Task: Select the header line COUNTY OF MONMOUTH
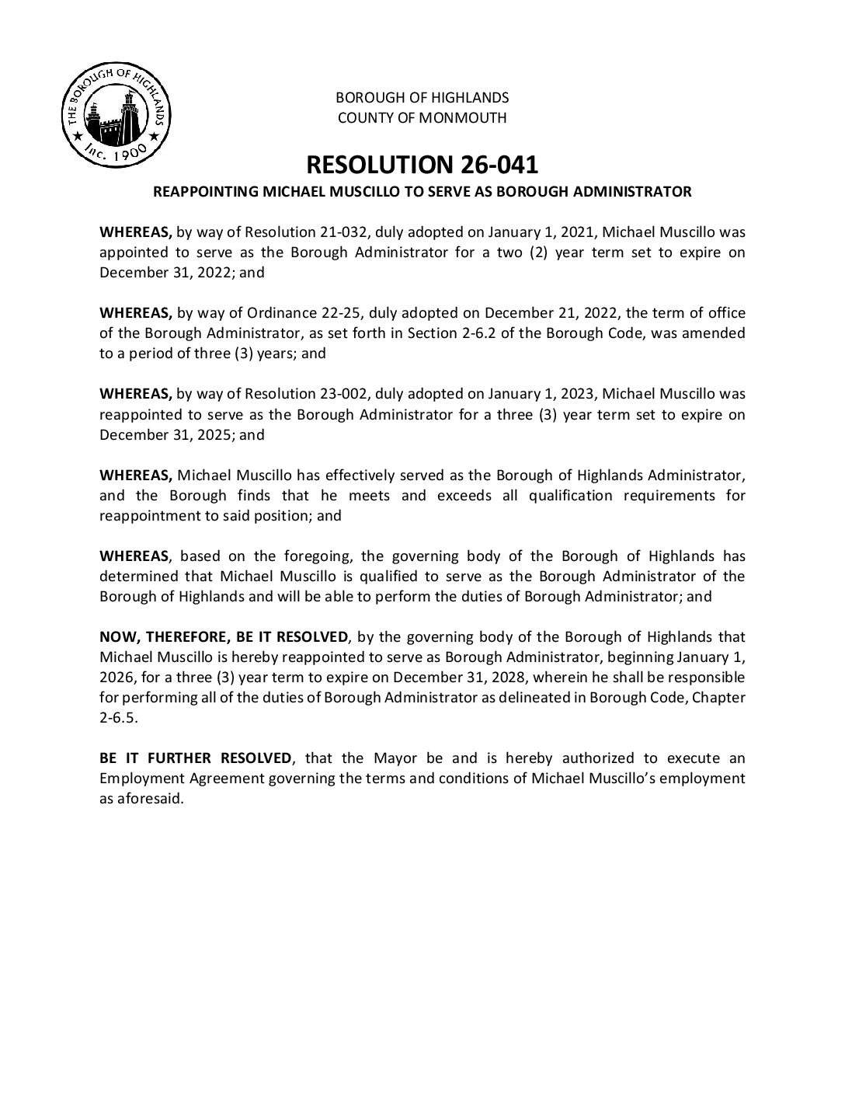coord(422,118)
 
